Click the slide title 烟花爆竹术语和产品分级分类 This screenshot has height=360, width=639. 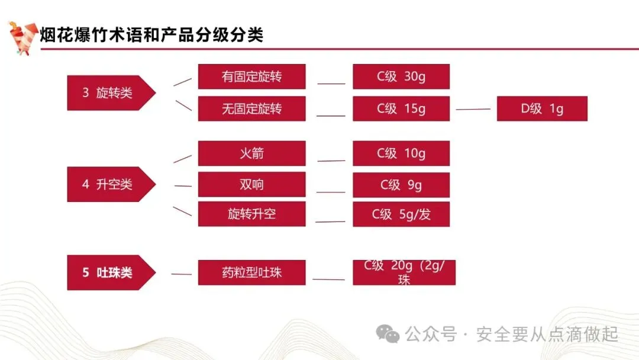click(151, 35)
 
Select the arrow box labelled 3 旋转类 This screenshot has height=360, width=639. click(109, 93)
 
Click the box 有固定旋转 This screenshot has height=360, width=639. click(251, 77)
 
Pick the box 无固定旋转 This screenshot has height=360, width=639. click(251, 109)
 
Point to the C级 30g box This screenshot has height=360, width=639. click(401, 77)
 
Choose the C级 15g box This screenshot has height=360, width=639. click(401, 109)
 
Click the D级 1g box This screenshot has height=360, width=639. click(541, 109)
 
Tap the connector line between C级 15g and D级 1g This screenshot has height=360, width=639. click(473, 110)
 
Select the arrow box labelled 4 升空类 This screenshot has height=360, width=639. click(109, 185)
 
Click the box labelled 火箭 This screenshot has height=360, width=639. click(251, 153)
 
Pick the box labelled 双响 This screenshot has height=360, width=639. click(251, 185)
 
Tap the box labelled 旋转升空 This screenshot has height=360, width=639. click(251, 214)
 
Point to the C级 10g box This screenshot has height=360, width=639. click(401, 153)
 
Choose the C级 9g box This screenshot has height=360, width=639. click(401, 185)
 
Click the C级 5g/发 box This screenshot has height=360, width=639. click(401, 214)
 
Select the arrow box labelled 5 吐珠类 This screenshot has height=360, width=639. click(109, 273)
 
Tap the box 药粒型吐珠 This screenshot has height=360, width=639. click(251, 273)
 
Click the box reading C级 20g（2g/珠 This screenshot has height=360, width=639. click(404, 272)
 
